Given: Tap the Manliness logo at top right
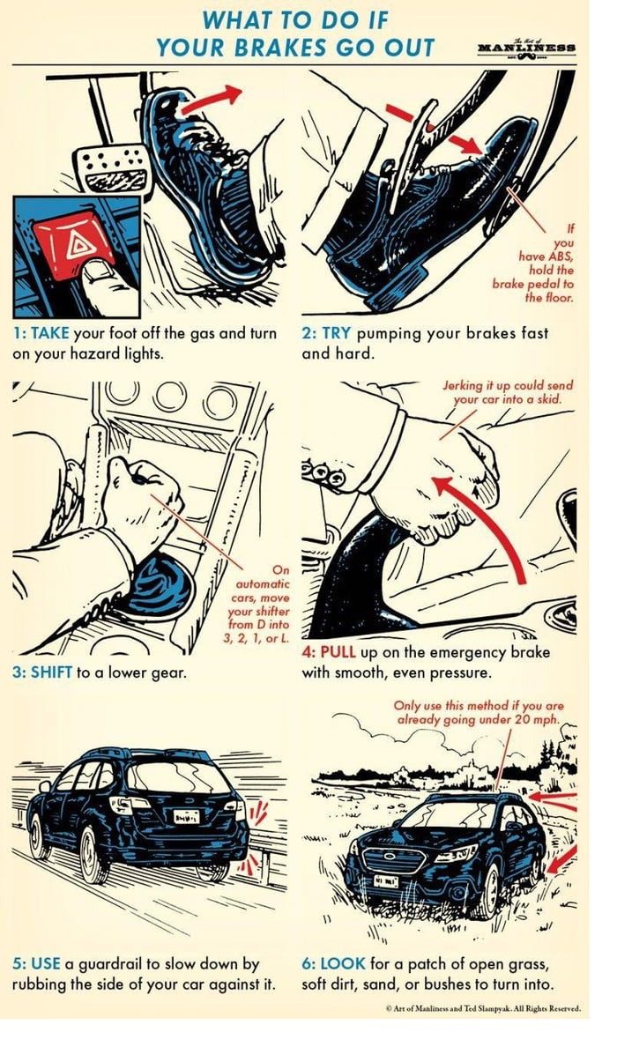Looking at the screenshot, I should pos(526,47).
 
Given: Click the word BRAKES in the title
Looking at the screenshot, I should pos(292,47).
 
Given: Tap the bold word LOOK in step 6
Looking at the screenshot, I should pos(343,964).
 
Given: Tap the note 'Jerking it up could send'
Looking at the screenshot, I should pos(508,386).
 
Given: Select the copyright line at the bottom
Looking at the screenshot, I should pos(483,1008).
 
